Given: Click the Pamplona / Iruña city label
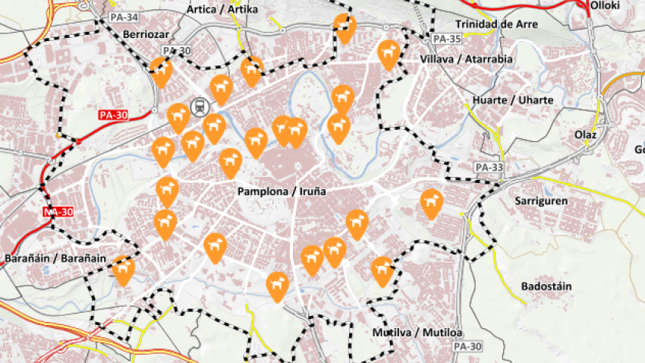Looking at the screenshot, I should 281,191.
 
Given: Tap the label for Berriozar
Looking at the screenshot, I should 143,34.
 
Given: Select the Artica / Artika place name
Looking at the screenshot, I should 222,9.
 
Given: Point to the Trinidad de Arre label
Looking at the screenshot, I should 496,24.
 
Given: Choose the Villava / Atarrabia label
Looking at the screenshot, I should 466,59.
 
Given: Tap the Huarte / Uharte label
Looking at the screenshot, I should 512,100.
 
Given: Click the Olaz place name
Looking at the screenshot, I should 585,134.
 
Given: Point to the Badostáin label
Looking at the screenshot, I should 546,286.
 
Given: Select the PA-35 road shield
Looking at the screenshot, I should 445,39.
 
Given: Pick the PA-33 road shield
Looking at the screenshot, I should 489,167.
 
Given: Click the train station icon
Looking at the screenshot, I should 200,107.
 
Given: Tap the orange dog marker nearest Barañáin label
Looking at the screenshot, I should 123,270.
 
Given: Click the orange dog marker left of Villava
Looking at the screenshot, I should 389,53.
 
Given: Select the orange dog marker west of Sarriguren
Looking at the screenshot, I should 432,203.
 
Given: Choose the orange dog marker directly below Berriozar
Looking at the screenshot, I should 161,71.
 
